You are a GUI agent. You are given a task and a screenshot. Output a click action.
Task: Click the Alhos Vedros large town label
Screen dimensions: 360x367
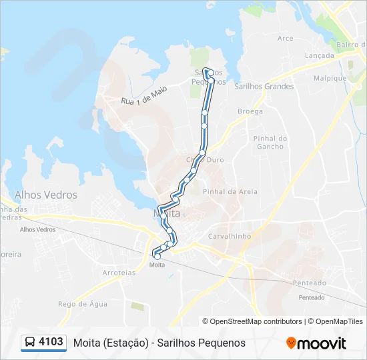(46, 195)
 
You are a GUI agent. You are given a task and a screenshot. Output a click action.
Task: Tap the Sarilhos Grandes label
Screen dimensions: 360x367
(264, 87)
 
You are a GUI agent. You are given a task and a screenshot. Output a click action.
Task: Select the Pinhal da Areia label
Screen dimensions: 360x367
(230, 191)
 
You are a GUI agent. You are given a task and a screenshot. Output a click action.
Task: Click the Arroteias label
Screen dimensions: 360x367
(119, 273)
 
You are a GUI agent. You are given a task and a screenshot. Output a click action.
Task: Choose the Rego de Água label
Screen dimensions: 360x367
(83, 304)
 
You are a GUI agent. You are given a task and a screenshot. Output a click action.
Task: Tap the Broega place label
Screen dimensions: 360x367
(250, 112)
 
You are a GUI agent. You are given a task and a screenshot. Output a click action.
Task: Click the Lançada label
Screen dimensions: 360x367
(319, 56)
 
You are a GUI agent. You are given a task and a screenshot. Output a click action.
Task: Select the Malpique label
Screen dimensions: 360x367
(331, 78)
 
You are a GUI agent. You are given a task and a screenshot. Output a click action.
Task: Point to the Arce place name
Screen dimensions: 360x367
(285, 39)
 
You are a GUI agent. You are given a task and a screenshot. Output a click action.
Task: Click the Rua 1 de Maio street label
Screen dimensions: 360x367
(143, 96)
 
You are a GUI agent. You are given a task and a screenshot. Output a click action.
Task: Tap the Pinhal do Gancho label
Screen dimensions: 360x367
(270, 142)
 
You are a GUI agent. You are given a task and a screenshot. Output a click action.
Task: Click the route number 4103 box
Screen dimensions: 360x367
(51, 342)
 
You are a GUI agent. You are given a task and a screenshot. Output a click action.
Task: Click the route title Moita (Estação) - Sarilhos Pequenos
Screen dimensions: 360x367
(159, 343)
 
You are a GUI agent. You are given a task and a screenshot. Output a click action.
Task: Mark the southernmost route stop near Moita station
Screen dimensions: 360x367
(157, 256)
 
